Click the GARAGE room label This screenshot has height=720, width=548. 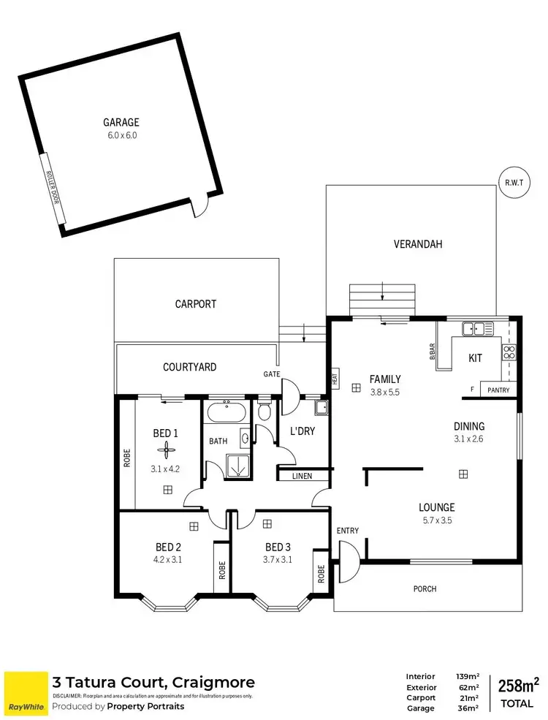pyautogui.click(x=121, y=123)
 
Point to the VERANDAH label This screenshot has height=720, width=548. pyautogui.click(x=418, y=244)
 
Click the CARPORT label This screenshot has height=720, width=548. pyautogui.click(x=196, y=303)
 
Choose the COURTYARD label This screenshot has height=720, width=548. pyautogui.click(x=189, y=367)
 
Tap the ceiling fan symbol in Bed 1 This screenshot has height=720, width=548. pyautogui.click(x=167, y=450)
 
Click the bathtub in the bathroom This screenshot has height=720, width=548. pyautogui.click(x=226, y=412)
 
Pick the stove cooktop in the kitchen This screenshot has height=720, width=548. pyautogui.click(x=509, y=353)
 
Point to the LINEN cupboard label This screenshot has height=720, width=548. pyautogui.click(x=302, y=477)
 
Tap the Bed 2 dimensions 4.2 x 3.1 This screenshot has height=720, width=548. pyautogui.click(x=167, y=561)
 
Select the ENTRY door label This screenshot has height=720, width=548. pyautogui.click(x=348, y=530)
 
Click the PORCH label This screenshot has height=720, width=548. pyautogui.click(x=425, y=588)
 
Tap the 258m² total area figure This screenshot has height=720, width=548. pyautogui.click(x=517, y=685)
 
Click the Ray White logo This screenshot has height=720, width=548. pyautogui.click(x=26, y=694)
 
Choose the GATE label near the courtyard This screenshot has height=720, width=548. pyautogui.click(x=273, y=374)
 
